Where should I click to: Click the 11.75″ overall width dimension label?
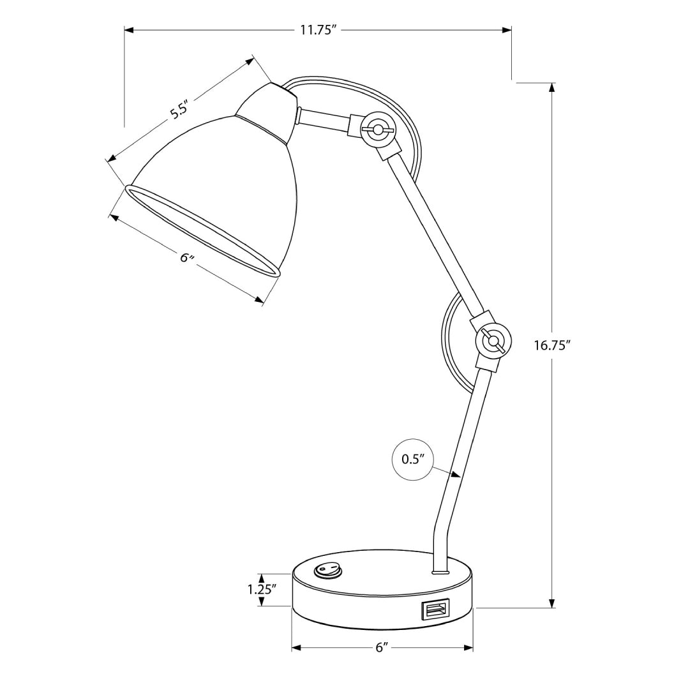tap(318, 30)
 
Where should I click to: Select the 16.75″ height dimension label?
tap(552, 345)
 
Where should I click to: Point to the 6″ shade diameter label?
tap(186, 257)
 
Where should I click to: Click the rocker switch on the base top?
tap(327, 569)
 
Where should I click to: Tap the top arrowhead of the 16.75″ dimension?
tap(552, 87)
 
